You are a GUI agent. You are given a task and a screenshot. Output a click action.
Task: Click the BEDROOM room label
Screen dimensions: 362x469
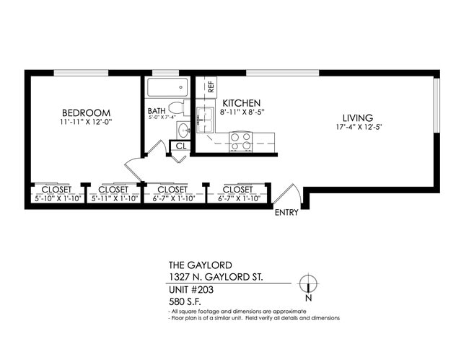(x=86, y=112)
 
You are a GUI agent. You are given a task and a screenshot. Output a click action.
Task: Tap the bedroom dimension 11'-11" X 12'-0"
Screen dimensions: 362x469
(x=86, y=123)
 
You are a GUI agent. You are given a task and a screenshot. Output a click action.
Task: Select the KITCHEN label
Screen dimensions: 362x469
(x=241, y=103)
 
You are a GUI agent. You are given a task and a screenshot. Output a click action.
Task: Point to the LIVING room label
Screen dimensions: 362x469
(x=358, y=118)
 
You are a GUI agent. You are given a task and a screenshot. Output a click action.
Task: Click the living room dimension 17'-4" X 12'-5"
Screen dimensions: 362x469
(x=358, y=128)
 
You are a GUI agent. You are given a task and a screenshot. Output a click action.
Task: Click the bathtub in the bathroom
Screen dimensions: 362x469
(x=167, y=89)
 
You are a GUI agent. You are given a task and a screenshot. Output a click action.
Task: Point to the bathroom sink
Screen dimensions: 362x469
(x=182, y=131)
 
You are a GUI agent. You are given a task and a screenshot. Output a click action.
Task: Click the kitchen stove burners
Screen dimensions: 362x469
(x=240, y=141)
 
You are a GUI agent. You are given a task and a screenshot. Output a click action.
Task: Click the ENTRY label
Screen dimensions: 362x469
(x=286, y=213)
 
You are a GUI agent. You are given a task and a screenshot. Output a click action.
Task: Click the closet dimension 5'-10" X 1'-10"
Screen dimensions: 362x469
(x=57, y=197)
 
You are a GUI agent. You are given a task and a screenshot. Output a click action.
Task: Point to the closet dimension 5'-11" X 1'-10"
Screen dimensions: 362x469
(x=113, y=197)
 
